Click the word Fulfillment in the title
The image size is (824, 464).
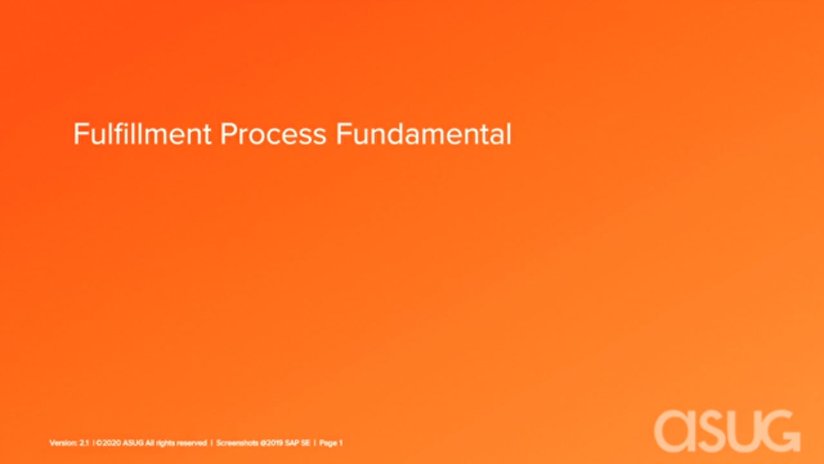click(142, 133)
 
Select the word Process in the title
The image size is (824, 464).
click(273, 134)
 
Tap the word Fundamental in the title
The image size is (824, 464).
click(424, 133)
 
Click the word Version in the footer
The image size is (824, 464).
click(63, 443)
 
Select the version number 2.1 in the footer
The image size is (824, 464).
click(84, 443)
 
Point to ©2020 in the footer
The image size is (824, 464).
click(109, 443)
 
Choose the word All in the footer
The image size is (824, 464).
click(149, 443)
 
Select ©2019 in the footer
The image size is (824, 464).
click(272, 443)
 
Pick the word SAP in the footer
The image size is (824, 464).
click(292, 443)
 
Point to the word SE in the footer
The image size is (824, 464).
click(306, 443)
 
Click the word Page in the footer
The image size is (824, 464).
click(328, 443)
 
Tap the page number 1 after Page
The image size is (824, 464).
click(341, 443)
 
